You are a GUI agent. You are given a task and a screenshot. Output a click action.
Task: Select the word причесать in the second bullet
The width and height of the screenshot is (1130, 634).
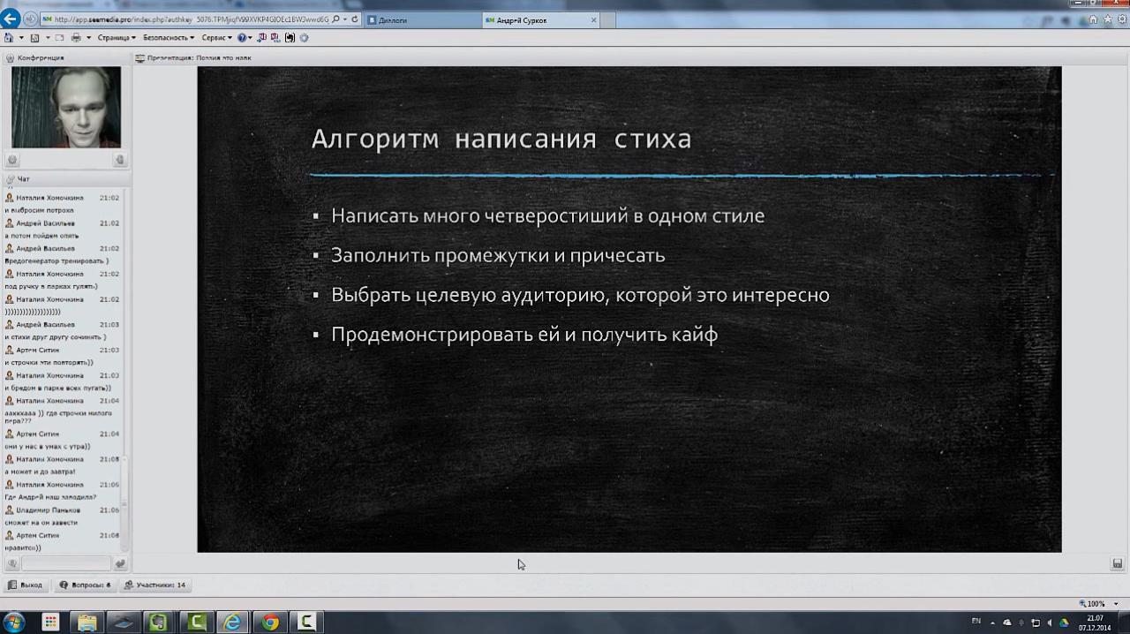click(624, 256)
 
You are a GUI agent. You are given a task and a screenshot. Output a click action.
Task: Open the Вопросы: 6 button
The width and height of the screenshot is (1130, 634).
click(86, 585)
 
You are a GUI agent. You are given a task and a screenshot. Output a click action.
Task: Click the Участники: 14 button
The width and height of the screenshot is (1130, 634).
click(155, 585)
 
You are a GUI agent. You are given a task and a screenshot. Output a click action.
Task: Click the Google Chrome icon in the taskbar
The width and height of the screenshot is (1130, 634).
click(270, 623)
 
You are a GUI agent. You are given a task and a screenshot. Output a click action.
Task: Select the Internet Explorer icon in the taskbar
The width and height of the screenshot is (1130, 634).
click(232, 623)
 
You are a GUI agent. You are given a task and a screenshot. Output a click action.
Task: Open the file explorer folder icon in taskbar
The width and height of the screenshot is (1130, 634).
click(87, 623)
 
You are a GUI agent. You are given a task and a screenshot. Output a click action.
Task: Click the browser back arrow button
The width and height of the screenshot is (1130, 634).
click(11, 19)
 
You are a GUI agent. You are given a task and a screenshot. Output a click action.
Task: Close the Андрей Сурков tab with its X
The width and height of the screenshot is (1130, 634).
click(594, 20)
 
